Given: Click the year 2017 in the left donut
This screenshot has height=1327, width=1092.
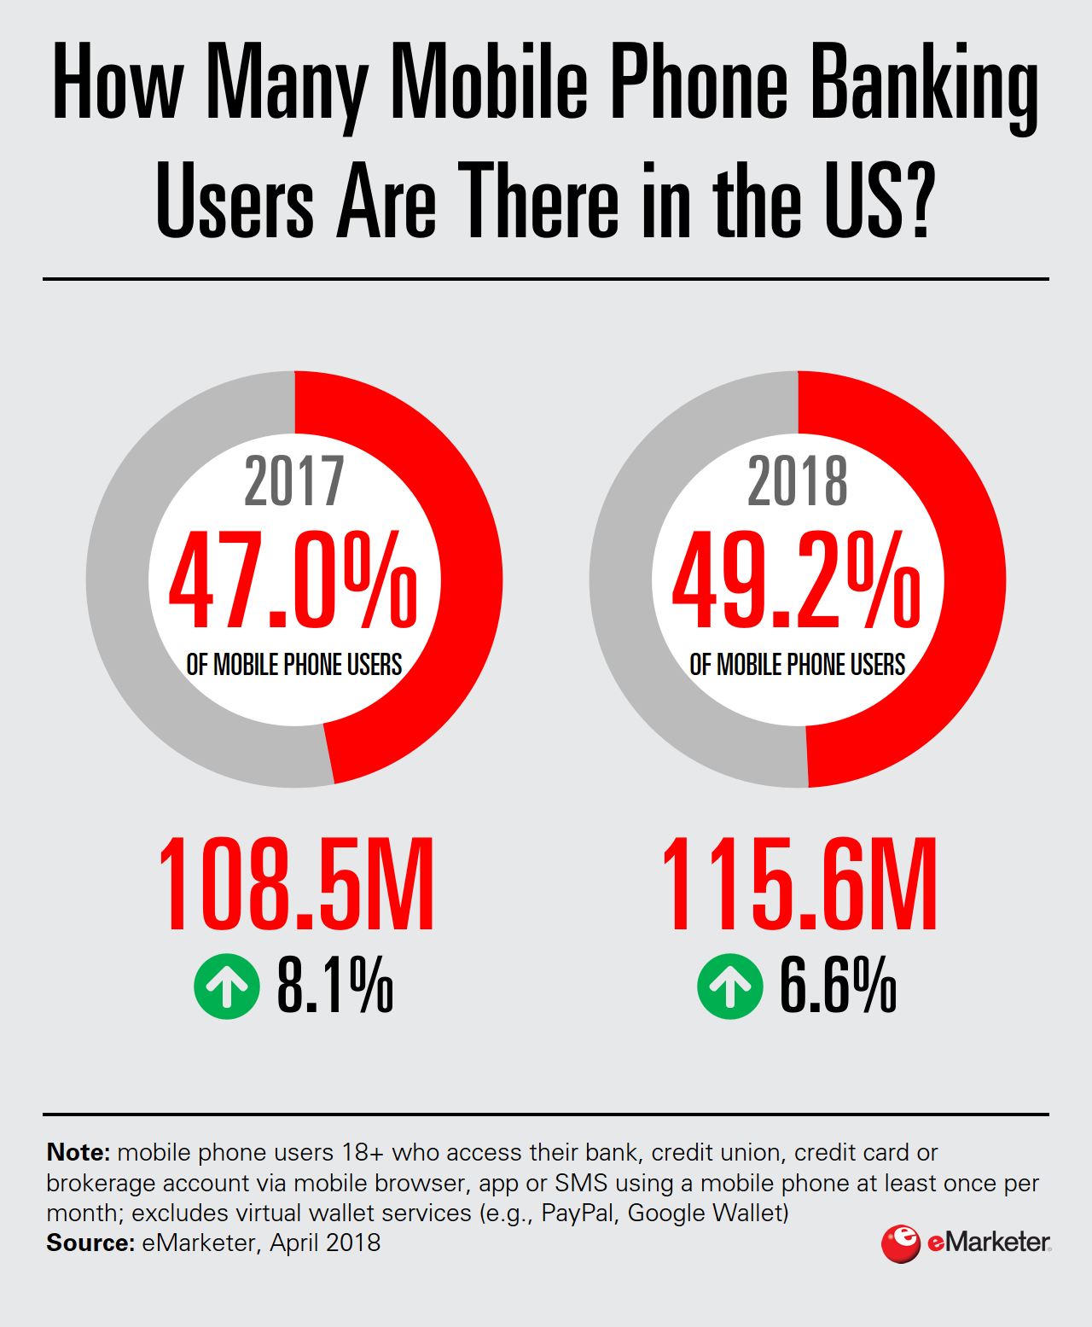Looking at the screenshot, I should click(294, 481).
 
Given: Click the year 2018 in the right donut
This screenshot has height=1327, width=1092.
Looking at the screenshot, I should click(798, 481).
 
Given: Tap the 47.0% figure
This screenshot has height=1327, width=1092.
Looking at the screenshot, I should click(293, 581).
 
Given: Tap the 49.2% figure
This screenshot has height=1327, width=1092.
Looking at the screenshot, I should click(797, 581).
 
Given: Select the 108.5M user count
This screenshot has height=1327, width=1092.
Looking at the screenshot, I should click(296, 884).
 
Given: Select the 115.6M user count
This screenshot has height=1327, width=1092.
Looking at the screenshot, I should click(799, 884).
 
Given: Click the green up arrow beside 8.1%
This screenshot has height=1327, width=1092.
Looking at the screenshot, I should click(227, 986).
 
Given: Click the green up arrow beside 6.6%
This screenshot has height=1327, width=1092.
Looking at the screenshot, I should click(730, 986).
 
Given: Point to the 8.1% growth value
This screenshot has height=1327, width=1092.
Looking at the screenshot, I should click(335, 986).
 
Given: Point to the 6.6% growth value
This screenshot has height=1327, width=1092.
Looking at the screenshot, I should click(838, 986).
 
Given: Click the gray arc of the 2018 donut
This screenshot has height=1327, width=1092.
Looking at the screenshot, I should click(623, 580).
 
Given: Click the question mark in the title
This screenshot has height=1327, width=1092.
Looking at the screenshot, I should click(919, 201).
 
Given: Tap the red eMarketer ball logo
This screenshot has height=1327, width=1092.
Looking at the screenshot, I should click(900, 1243).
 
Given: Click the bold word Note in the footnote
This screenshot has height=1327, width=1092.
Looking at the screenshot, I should click(78, 1152).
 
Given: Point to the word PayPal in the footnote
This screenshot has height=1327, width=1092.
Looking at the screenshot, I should click(578, 1213).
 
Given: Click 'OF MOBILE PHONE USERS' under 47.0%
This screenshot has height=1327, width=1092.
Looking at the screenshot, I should click(294, 664).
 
